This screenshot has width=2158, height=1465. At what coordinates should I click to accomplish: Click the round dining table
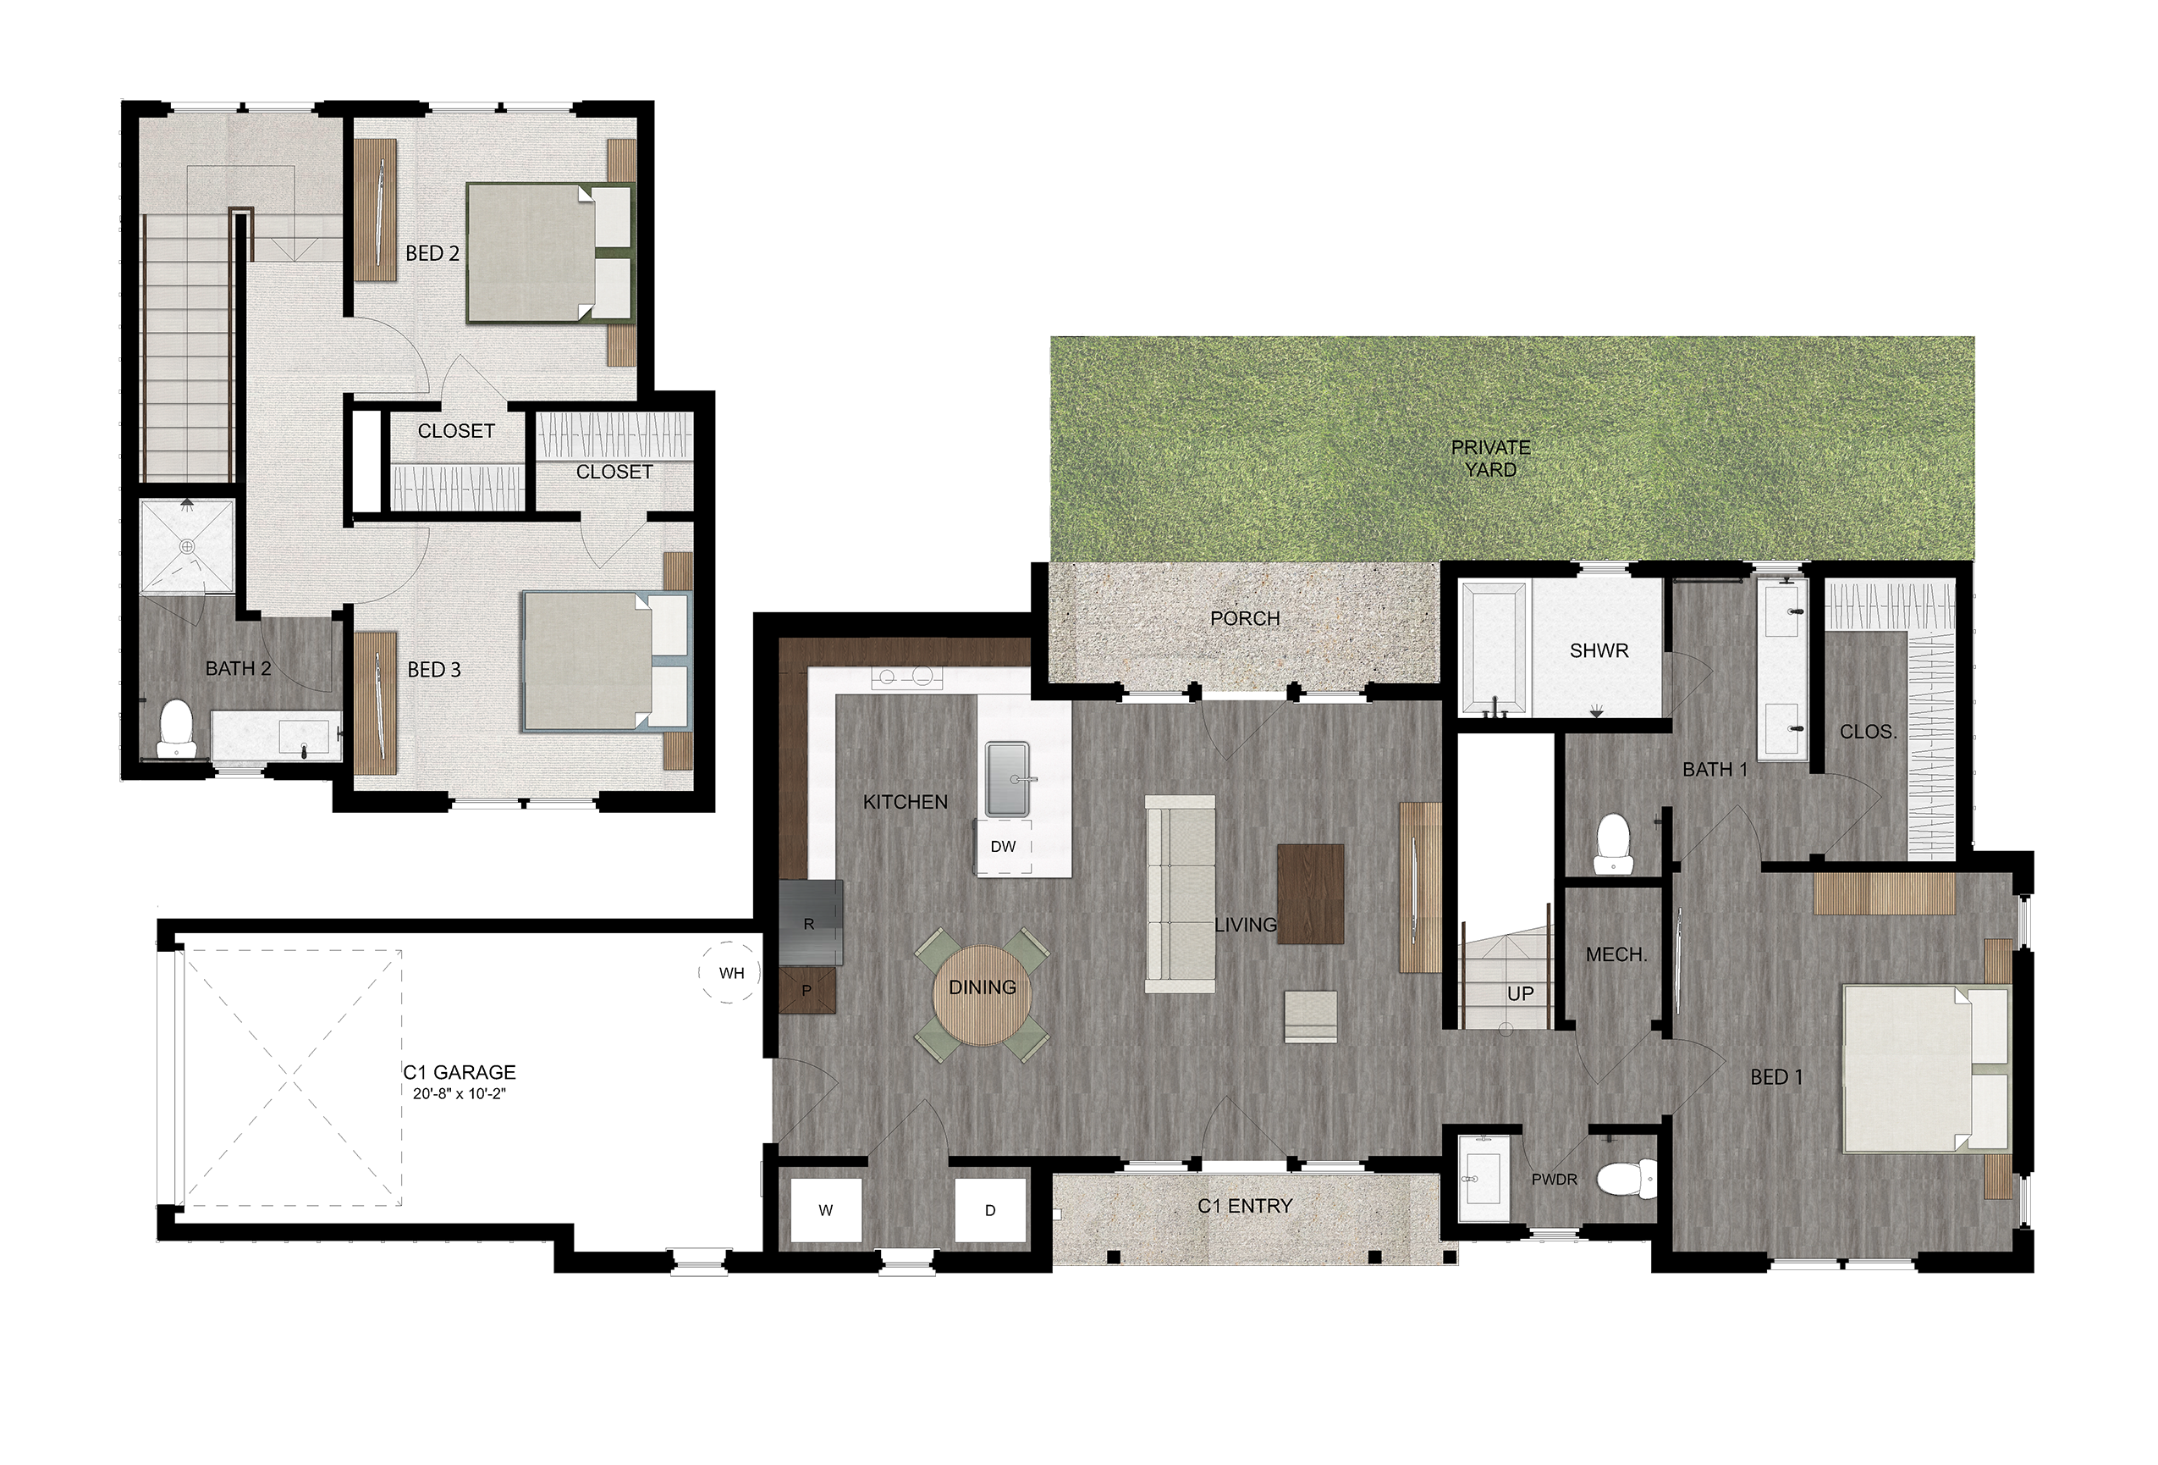click(982, 993)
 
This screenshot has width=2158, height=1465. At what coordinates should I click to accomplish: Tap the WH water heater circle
click(729, 973)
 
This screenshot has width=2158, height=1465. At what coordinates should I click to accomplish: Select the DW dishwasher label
click(1003, 846)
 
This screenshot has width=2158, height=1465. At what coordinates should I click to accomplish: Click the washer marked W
click(825, 1209)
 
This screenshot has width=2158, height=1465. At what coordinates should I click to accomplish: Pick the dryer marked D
click(990, 1209)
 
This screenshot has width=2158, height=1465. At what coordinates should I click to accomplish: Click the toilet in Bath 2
click(176, 730)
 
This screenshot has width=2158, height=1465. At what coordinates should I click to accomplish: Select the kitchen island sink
click(1008, 778)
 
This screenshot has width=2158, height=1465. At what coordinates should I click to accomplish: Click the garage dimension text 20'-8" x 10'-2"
click(459, 1094)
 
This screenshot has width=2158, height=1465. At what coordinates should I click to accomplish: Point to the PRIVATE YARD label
click(1490, 458)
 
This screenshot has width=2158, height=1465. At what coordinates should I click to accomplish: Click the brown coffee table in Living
click(1310, 894)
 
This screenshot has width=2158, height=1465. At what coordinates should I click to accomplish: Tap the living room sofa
click(1180, 893)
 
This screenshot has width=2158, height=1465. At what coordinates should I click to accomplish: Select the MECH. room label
click(1616, 954)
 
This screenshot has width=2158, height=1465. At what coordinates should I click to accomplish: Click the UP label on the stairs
click(1520, 993)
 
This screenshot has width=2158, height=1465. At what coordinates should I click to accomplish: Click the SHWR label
click(1599, 650)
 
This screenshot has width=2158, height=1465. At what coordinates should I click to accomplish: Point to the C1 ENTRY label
click(1244, 1206)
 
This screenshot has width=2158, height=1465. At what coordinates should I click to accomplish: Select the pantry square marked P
click(808, 990)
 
